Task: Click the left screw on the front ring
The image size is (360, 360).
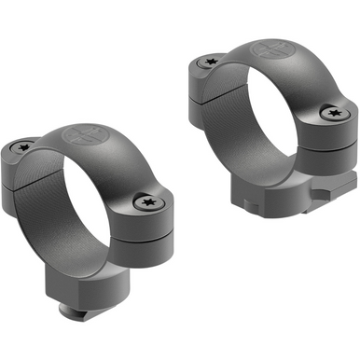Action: pyautogui.click(x=23, y=145)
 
